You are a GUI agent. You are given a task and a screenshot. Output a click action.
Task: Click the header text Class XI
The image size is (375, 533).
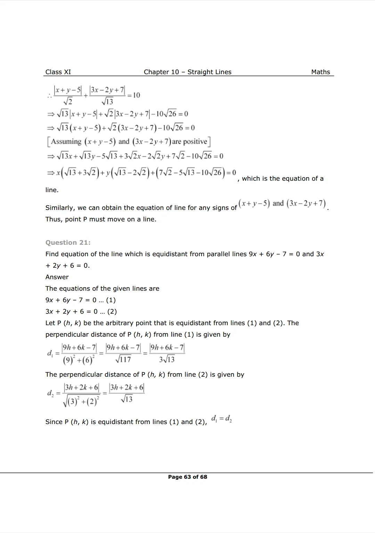[x=58, y=72]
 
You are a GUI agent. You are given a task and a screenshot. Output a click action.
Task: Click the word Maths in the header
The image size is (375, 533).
[x=320, y=72]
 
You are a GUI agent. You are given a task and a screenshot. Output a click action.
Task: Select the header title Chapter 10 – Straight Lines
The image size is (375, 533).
[x=187, y=72]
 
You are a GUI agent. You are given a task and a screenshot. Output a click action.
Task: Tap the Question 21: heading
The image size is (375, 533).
[x=68, y=243]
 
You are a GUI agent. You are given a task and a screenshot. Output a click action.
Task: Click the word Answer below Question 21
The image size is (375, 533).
[x=57, y=277]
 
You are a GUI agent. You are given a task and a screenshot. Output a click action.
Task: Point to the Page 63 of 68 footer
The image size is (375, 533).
[x=187, y=477]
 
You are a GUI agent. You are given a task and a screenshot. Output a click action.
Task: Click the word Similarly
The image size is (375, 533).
[x=60, y=208]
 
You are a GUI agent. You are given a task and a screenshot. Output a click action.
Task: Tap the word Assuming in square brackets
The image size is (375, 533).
[x=66, y=142]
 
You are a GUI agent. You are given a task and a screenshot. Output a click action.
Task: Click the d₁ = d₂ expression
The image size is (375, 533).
[x=221, y=418]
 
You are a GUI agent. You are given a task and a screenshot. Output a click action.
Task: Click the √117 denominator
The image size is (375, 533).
[x=123, y=359]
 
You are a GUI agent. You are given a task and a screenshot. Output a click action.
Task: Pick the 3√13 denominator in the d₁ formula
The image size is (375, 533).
[x=167, y=359]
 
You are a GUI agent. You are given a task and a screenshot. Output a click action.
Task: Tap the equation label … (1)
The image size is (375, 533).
[x=107, y=300]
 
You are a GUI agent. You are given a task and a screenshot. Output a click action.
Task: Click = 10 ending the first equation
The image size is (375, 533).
[x=134, y=95]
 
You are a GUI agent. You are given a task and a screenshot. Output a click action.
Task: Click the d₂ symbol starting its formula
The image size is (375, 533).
[x=50, y=393]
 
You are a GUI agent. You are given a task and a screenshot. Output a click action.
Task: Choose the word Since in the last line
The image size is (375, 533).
[x=54, y=422]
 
